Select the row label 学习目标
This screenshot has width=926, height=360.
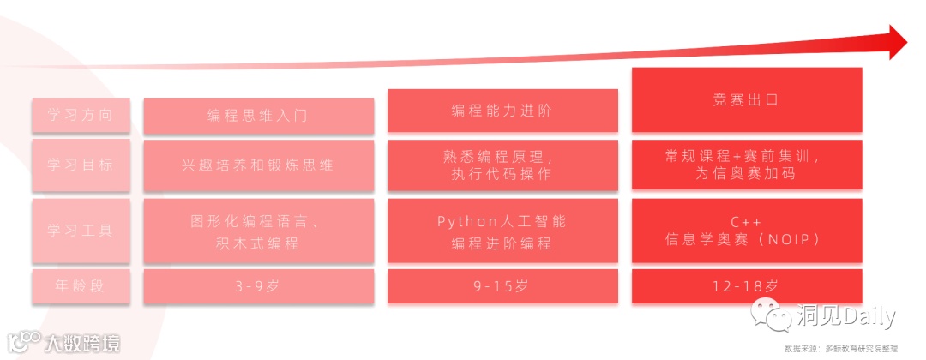click(x=82, y=165)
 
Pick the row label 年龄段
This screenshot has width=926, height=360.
click(x=82, y=286)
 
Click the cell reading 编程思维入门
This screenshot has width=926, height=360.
click(x=258, y=116)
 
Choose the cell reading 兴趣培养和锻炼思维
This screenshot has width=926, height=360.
click(x=258, y=165)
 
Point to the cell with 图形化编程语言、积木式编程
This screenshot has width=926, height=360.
click(x=258, y=231)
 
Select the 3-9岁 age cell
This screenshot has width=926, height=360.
click(x=258, y=286)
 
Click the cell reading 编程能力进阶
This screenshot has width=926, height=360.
click(x=502, y=111)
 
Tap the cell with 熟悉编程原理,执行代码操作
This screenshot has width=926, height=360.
click(x=502, y=165)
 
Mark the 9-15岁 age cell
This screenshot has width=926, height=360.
click(x=502, y=286)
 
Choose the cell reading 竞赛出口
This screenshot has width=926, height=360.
click(x=746, y=100)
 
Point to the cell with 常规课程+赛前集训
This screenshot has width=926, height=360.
click(x=746, y=158)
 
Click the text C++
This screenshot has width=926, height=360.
click(x=746, y=222)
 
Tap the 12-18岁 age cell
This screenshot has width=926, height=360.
click(x=746, y=286)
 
